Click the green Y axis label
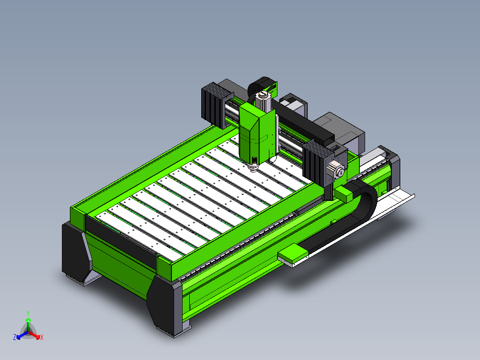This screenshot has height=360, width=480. pyautogui.click(x=28, y=313)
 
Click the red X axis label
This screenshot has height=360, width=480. pyautogui.click(x=42, y=337)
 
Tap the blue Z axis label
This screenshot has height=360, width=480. pyautogui.click(x=15, y=337)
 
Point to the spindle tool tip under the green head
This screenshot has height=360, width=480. pyautogui.click(x=253, y=169)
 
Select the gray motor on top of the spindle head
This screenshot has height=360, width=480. pyautogui.click(x=263, y=101)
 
